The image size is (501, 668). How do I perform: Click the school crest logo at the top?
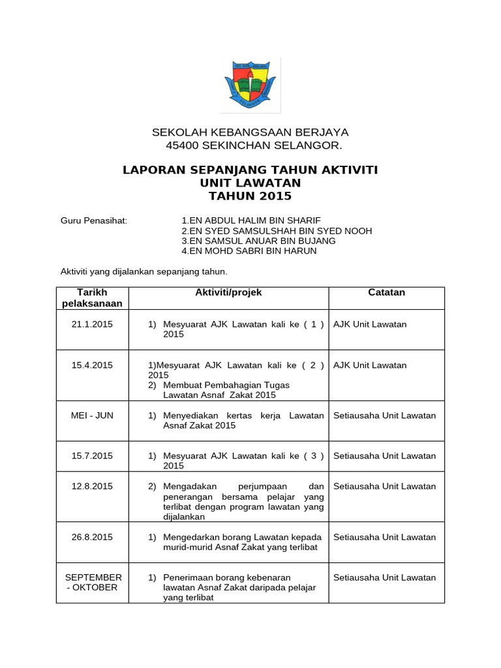250,85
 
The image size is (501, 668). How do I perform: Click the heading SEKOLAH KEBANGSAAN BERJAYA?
250,132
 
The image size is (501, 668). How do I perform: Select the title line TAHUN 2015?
250,196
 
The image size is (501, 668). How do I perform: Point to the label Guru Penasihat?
94,220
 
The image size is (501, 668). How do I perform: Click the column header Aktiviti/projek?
228,293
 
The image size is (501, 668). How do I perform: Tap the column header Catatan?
386,293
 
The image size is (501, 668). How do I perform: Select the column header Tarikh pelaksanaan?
92,298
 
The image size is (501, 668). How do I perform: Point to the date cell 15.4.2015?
92,365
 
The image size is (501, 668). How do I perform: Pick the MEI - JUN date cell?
92,416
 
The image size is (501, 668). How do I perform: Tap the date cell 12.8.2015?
92,487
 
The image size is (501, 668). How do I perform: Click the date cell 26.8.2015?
92,538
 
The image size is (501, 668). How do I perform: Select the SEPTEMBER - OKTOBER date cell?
92,583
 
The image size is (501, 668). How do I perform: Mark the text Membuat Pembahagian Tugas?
226,385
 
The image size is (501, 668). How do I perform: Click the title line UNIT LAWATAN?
250,183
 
